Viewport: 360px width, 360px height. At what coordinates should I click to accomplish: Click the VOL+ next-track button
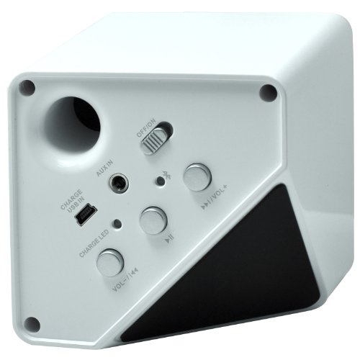click(x=197, y=177)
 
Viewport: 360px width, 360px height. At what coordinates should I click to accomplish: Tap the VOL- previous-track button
click(x=110, y=263)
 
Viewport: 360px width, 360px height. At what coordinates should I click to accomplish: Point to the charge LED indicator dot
click(x=117, y=224)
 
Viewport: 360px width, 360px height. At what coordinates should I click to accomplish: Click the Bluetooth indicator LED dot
click(x=160, y=181)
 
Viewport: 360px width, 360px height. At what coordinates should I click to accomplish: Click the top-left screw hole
click(x=27, y=87)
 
